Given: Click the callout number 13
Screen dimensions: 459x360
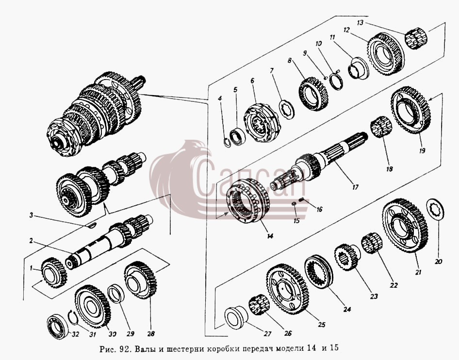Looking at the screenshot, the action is [x=361, y=22].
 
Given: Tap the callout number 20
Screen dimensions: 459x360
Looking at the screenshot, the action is [x=438, y=262].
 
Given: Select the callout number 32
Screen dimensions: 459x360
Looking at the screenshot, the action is [x=75, y=334].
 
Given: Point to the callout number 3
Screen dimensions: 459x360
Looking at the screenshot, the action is [x=32, y=216].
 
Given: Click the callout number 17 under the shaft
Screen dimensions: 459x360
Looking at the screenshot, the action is [x=355, y=187].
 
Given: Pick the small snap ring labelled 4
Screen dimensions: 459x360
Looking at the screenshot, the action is [x=227, y=143].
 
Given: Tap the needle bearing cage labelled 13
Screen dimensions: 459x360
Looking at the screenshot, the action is [x=416, y=38].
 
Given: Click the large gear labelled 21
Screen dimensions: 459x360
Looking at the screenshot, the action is [x=406, y=226].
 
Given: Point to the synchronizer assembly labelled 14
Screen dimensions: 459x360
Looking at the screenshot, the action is [x=249, y=200].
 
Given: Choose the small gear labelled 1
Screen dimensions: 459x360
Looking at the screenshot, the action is [x=54, y=273].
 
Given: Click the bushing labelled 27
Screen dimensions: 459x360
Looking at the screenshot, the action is [x=236, y=318].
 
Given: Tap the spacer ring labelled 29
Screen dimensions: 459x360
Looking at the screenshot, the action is [x=116, y=293].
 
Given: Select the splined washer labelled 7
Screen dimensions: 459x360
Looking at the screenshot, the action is [x=287, y=109].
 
